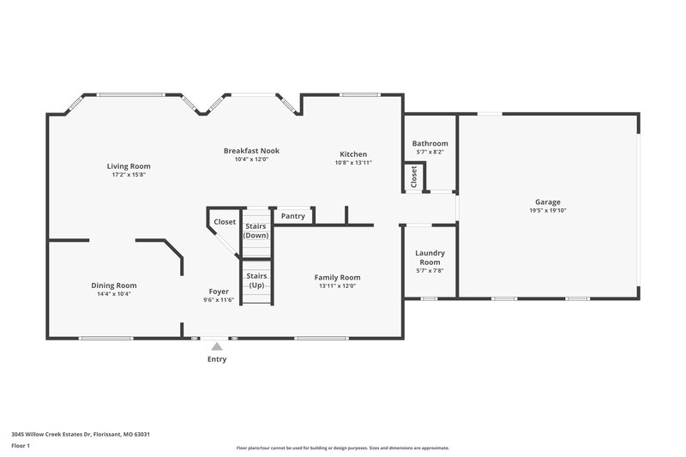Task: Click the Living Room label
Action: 129,165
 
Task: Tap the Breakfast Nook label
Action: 251,151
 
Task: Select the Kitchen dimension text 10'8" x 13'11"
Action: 352,162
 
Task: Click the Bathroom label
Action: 430,143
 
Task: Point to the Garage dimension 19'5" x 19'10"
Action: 549,210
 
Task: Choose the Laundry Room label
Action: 430,257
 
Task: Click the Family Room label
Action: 337,277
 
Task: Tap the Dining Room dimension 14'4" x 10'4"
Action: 114,293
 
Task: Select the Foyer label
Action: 218,292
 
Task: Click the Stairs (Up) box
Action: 256,280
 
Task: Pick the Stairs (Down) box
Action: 256,231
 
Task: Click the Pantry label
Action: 292,216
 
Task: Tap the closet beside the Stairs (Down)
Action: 225,221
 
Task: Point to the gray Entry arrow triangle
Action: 217,346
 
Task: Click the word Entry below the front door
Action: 217,359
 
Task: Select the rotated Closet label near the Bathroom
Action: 413,177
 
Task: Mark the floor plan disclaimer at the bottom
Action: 343,448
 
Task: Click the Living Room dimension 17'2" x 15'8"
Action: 129,174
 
